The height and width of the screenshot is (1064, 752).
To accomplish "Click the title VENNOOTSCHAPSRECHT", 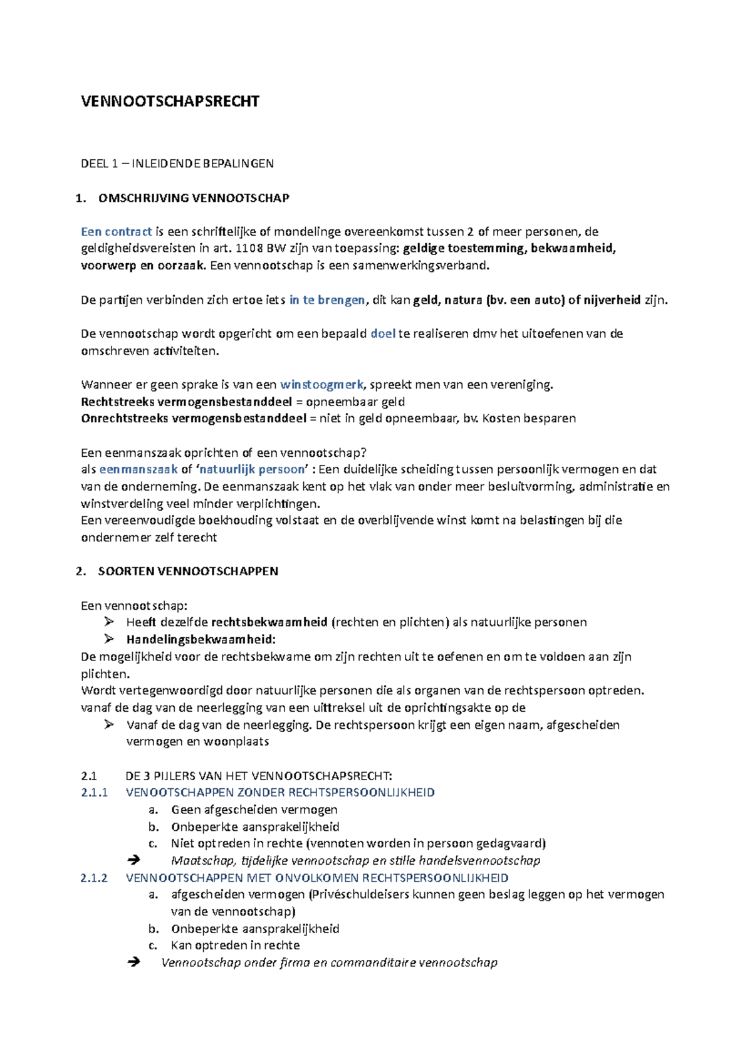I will point(170,102).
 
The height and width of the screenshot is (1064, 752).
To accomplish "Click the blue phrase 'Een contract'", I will point(117,232).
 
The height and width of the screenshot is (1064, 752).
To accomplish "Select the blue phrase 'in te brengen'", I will point(327,300).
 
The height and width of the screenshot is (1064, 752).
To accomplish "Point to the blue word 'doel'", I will point(383,334).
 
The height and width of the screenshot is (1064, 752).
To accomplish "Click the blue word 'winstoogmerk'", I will point(321,385).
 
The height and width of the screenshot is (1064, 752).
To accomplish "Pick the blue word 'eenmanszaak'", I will point(138,469).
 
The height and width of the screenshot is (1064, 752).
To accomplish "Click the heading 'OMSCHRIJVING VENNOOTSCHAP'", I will point(194,198).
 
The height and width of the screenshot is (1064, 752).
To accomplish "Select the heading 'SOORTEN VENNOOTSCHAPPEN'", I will point(188,571).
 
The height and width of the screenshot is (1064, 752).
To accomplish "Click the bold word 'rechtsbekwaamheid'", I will point(269,622).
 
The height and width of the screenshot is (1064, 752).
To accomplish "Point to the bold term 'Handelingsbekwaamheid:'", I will point(201,640).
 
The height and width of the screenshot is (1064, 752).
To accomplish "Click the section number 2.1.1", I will point(95,793).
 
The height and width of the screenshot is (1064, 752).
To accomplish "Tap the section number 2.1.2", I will point(95,878).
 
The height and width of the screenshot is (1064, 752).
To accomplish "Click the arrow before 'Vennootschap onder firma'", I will point(133,962).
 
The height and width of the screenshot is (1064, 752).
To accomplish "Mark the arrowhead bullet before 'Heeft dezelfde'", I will point(109,622).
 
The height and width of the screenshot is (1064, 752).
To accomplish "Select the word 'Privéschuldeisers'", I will point(357,895).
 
